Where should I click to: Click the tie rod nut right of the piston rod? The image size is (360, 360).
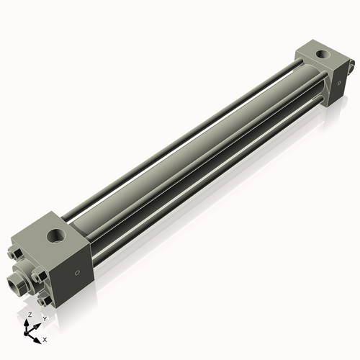[x=39, y=276]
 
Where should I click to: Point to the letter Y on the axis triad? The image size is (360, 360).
[x=45, y=318]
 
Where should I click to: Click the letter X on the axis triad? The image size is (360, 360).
[x=45, y=338]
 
